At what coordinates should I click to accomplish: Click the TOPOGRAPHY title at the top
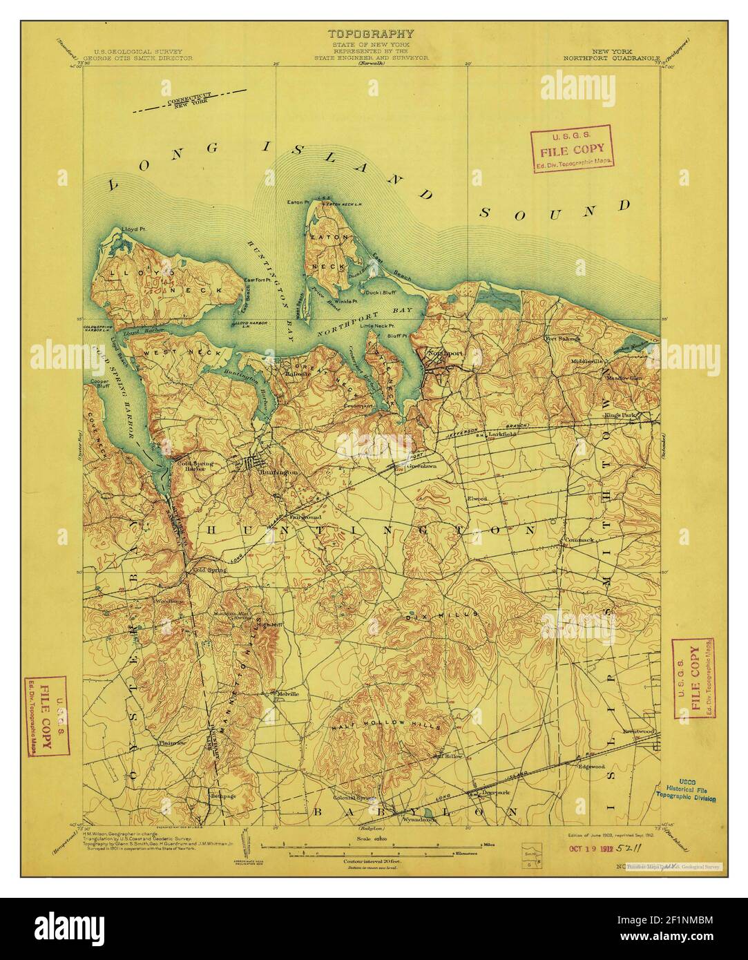point(370,32)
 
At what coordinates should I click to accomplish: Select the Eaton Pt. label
point(298,202)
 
